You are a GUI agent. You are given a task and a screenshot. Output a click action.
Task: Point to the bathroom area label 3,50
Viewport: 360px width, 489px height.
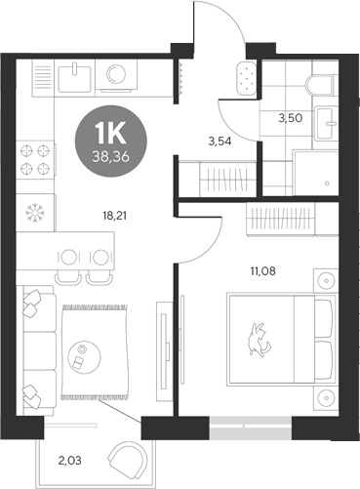point(292,118)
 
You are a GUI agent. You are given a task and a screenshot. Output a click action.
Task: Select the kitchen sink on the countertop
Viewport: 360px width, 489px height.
point(77,76)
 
